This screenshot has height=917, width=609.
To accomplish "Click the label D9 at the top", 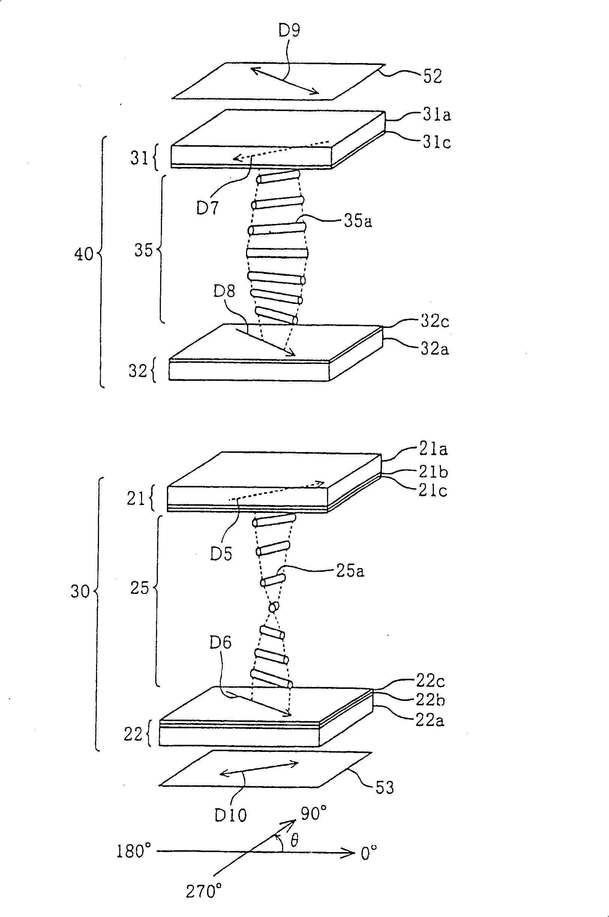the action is [290, 30].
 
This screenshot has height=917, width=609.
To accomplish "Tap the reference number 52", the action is [433, 76].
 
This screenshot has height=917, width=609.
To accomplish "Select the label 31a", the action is [437, 115].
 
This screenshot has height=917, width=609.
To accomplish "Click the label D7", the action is [207, 208].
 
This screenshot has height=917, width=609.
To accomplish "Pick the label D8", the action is [224, 290].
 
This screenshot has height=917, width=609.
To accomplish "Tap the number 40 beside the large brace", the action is [84, 254].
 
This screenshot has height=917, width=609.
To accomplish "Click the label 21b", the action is [433, 471].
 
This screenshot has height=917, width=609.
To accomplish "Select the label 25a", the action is [350, 571].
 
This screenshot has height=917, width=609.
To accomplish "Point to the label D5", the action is [221, 554].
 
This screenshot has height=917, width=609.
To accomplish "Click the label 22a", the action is [430, 720].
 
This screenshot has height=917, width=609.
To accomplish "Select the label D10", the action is [230, 815].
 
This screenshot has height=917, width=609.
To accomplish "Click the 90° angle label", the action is [313, 813].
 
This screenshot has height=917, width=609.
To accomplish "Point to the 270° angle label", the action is [204, 891].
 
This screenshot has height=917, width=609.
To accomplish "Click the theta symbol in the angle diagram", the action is [294, 841].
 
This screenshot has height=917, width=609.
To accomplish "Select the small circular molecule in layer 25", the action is [274, 607].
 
